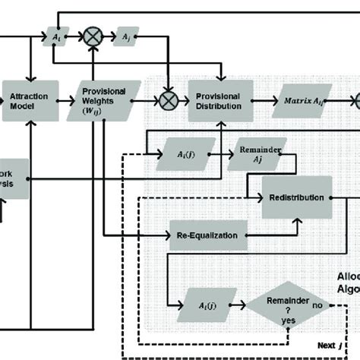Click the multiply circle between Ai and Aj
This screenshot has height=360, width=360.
[x=93, y=35]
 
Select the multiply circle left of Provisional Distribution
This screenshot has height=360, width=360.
[x=164, y=99]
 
